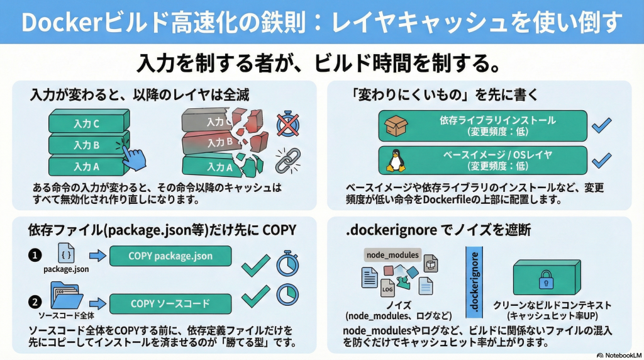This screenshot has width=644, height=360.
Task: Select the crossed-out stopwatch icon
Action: click(287, 124)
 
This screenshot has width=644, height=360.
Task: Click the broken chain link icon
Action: click(287, 160)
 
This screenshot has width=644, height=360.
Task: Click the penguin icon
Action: click(394, 161)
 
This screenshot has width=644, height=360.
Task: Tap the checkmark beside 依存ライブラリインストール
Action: click(601, 126)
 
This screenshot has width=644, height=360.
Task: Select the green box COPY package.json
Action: click(170, 256)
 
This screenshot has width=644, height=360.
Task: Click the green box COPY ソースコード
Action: click(170, 304)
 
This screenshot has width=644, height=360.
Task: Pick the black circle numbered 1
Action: click(35, 256)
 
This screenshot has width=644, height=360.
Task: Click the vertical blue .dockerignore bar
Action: click(476, 281)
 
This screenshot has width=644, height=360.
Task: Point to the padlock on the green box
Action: click(546, 276)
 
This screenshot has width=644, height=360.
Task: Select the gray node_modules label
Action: click(391, 254)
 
